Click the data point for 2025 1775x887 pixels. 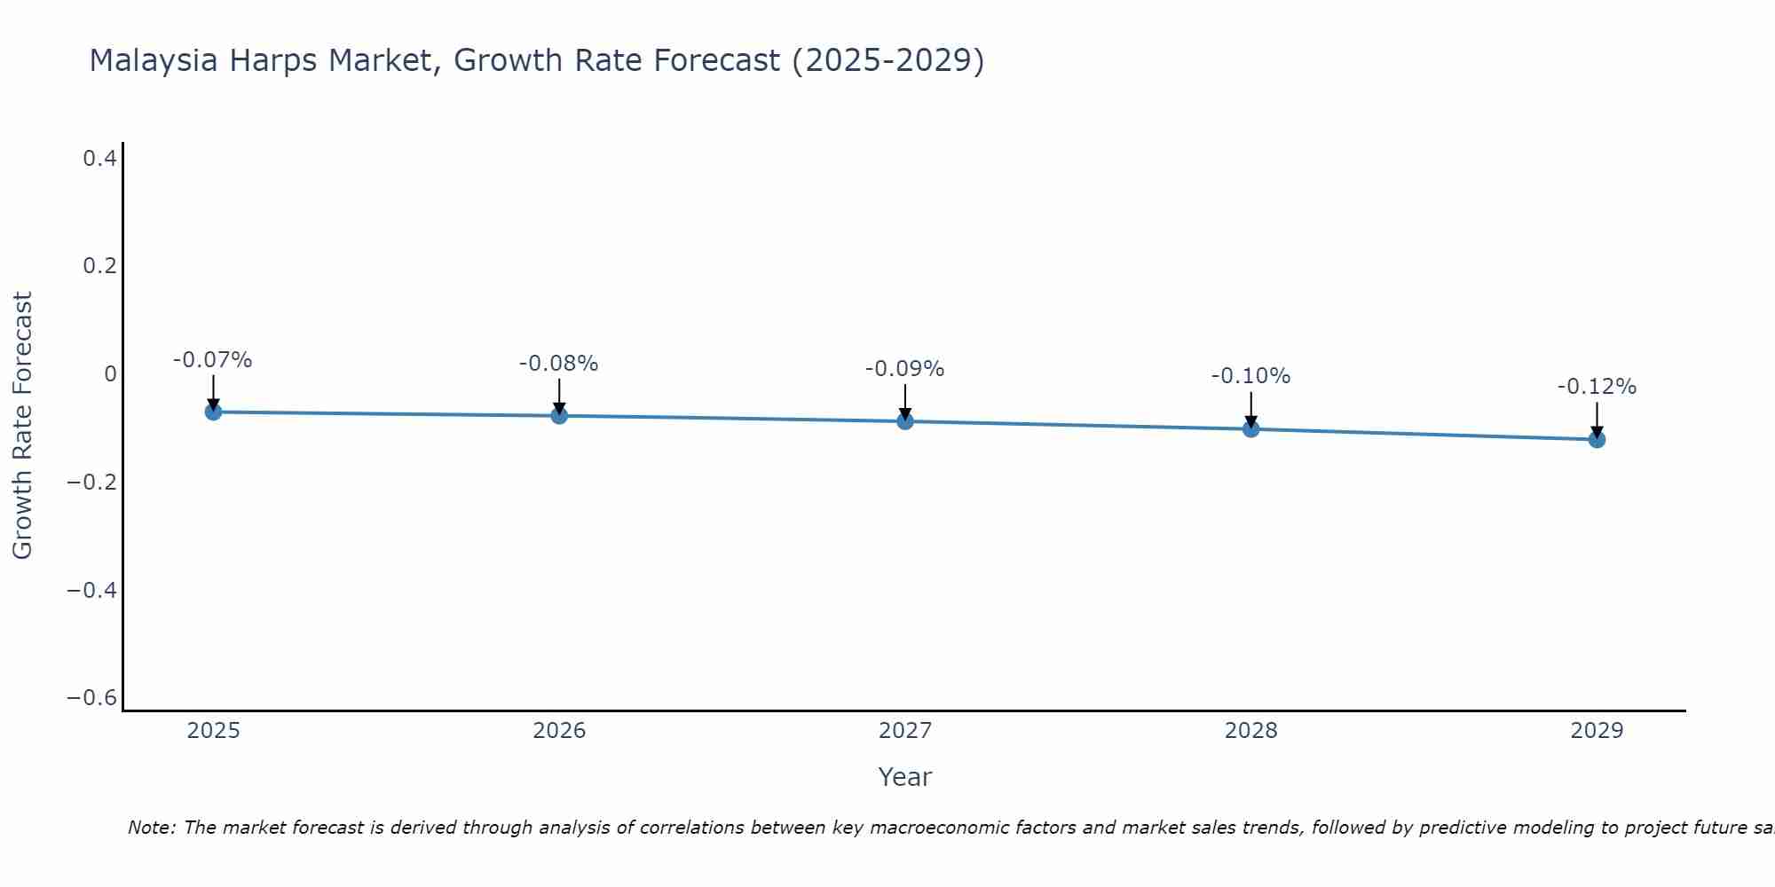[213, 412]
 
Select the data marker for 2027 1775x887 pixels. [904, 421]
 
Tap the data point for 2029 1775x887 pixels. [1597, 439]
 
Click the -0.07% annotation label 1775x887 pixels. [212, 360]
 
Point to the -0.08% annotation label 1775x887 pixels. [558, 364]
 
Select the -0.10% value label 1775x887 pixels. [1250, 376]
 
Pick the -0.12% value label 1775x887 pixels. [1597, 387]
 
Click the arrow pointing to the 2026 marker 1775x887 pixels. [559, 396]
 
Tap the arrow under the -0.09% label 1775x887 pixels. [904, 402]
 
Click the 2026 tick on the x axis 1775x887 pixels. [559, 731]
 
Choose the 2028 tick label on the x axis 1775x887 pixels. [1250, 731]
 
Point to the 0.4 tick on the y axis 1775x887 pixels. [99, 159]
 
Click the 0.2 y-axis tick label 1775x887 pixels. [99, 266]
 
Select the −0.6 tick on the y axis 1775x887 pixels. [92, 698]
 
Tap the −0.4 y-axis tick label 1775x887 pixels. [92, 590]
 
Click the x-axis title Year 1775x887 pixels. [904, 777]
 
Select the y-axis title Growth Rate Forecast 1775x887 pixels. [22, 426]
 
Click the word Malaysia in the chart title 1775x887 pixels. [153, 60]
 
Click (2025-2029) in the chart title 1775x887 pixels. [887, 60]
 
